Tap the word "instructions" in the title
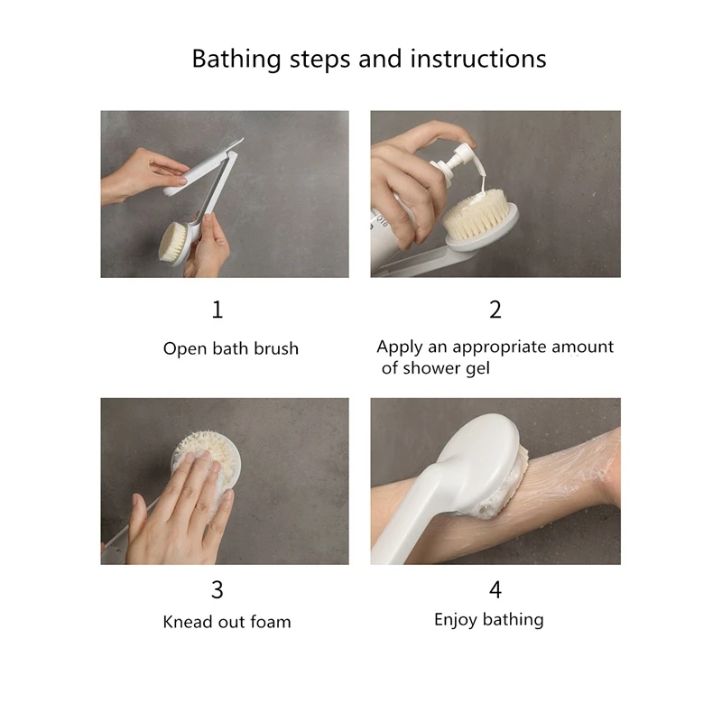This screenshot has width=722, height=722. [478, 59]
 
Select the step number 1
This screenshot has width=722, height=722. [218, 310]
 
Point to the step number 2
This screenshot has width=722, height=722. [495, 310]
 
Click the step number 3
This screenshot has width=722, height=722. [218, 590]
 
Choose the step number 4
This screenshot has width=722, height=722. [495, 590]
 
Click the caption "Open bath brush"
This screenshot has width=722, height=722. [231, 348]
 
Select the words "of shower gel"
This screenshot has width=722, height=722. [436, 368]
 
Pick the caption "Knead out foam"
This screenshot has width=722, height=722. [227, 622]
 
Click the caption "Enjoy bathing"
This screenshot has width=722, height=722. [489, 620]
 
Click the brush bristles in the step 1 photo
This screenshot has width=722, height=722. [171, 240]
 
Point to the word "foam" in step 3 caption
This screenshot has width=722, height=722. [271, 622]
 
